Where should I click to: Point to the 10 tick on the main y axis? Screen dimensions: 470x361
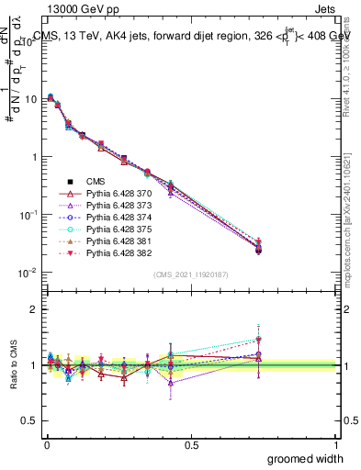pos(30,98)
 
